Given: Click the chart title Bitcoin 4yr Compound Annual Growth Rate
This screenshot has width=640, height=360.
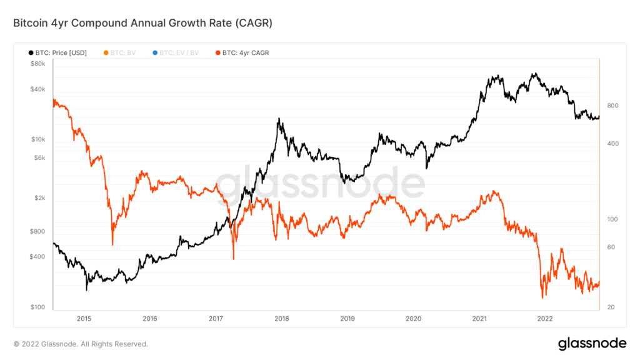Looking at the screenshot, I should click(143, 23).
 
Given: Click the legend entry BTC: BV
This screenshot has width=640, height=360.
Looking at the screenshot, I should click(122, 52).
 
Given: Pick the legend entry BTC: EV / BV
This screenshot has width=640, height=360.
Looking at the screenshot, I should click(179, 52).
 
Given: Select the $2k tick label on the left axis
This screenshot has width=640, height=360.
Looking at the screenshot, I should click(39, 198).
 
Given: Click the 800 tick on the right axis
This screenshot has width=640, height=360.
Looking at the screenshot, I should click(612, 106).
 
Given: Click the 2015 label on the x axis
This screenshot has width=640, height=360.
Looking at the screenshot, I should click(84, 318).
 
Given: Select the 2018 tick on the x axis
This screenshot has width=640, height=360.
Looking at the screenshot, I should click(281, 318).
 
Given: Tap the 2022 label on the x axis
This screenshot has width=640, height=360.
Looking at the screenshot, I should click(544, 318).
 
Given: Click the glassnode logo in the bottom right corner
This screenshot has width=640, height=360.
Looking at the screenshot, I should click(591, 343).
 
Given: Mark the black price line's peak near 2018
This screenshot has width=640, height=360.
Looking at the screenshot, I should click(279, 119).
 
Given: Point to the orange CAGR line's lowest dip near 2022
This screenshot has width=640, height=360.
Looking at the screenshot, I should click(542, 297).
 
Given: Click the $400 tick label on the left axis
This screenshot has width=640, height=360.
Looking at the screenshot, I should click(37, 257).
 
